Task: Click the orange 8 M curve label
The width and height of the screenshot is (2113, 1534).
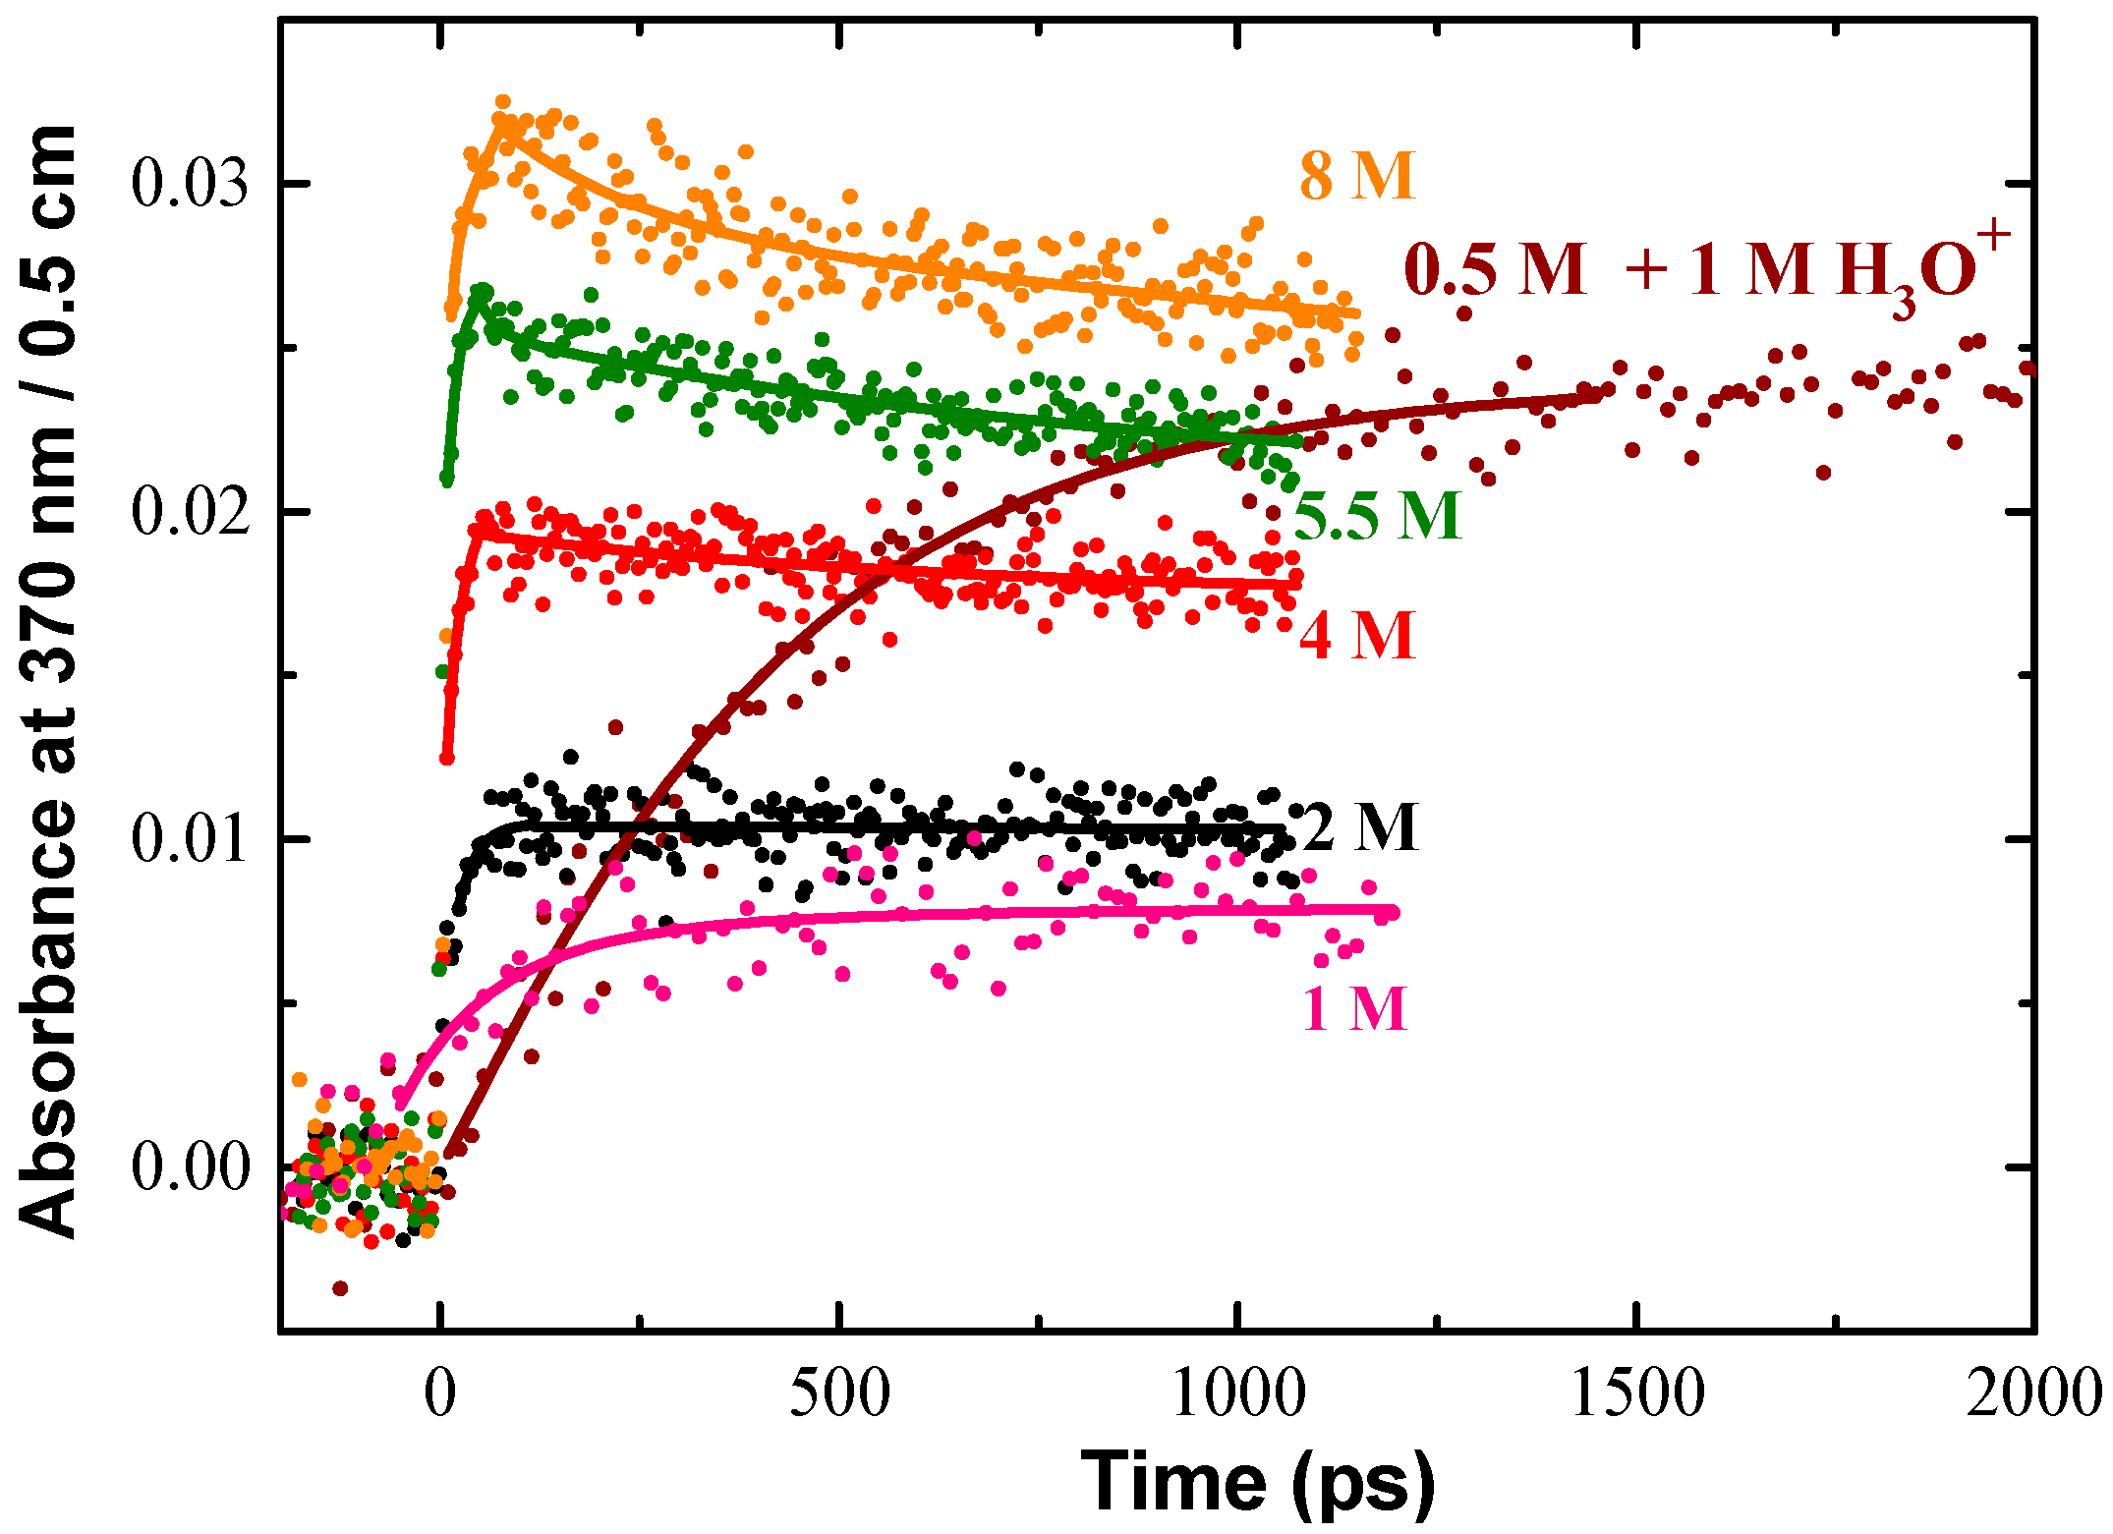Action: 1357,177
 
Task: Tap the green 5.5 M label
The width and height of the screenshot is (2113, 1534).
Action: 1378,515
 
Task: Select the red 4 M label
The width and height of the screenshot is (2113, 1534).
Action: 1357,636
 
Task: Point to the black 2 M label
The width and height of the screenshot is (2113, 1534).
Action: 1360,827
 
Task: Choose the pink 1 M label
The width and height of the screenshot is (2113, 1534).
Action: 1354,1008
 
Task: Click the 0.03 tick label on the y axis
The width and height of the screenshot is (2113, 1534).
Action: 190,183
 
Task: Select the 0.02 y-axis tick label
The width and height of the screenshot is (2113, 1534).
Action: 190,512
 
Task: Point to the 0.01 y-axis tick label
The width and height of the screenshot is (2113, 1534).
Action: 190,840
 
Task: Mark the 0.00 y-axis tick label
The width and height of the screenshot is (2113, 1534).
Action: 190,1168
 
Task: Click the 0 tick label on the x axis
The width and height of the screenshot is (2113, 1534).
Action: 441,1393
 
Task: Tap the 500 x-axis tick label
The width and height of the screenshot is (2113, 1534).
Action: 839,1393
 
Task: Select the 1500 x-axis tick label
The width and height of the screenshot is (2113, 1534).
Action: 1636,1393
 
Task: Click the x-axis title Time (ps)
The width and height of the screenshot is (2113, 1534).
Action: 1257,1482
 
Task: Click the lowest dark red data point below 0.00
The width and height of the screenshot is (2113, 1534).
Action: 340,1287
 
